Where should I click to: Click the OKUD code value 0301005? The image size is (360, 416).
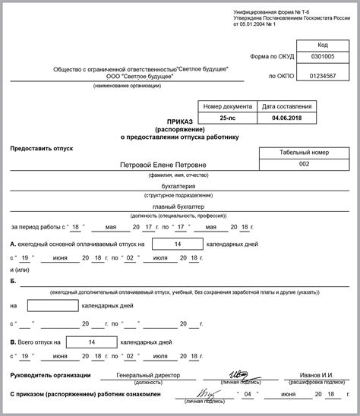click(322, 57)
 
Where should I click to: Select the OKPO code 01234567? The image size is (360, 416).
click(322, 77)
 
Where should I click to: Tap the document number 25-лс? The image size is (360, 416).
click(228, 118)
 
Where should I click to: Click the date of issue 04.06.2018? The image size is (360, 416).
click(286, 118)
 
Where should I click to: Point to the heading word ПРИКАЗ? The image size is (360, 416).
click(180, 120)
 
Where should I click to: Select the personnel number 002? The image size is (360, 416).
click(304, 164)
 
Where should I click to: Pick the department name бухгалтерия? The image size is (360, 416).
click(179, 185)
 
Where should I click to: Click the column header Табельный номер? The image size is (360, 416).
click(304, 151)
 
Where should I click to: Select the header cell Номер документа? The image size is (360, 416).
click(228, 106)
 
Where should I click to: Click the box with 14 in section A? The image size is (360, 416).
click(177, 244)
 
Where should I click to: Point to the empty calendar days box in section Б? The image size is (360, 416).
click(52, 306)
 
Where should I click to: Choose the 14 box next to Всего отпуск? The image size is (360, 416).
click(92, 342)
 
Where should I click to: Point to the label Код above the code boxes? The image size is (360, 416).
click(322, 45)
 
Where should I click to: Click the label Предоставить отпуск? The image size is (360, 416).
click(42, 148)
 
